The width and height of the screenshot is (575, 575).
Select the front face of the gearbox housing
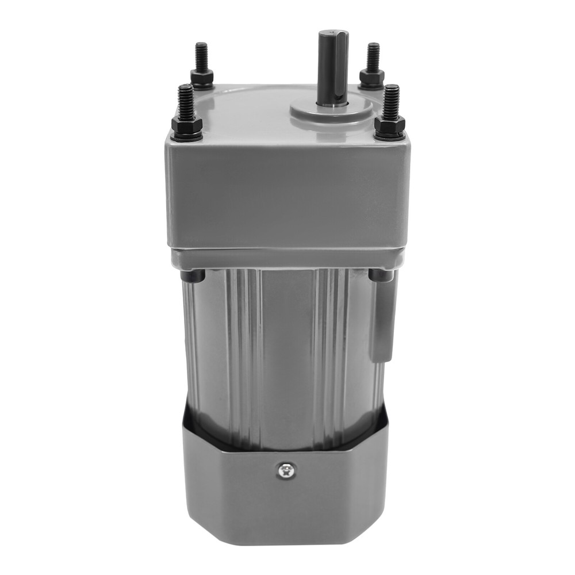287,195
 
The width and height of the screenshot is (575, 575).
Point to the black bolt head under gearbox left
193,277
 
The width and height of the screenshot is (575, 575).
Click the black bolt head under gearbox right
381,276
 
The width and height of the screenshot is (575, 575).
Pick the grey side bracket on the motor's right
383,322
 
